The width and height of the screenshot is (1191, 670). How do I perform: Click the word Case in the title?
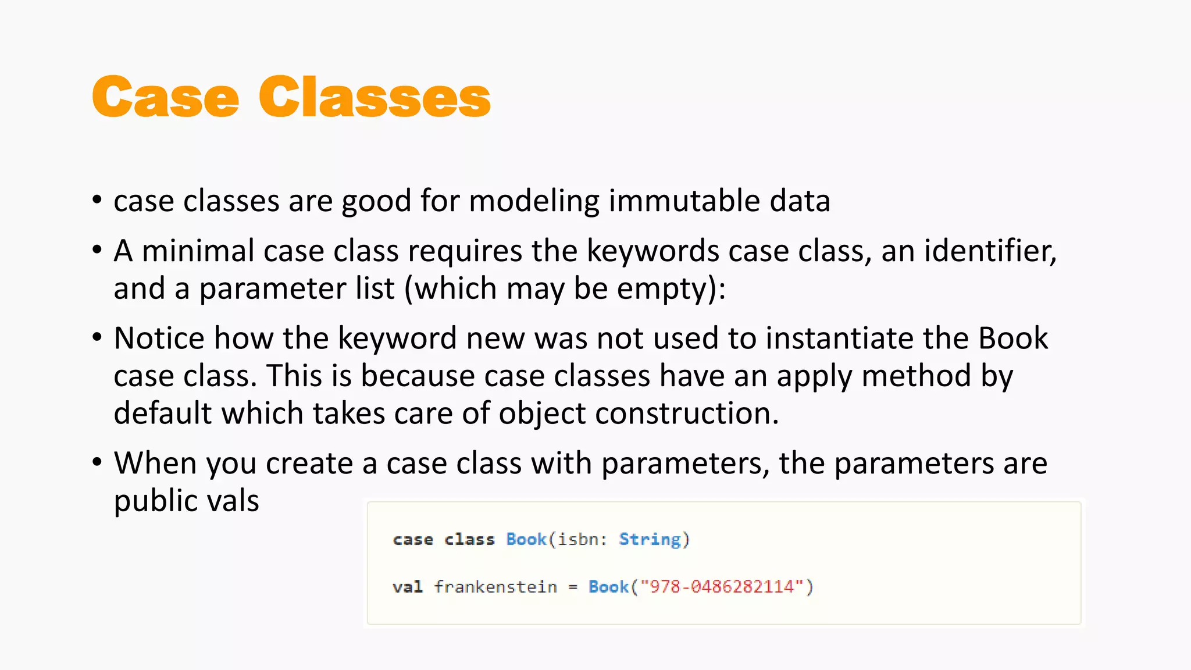click(166, 97)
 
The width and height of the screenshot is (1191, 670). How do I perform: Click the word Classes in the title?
click(375, 97)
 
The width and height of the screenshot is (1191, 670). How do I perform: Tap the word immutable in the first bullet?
click(684, 201)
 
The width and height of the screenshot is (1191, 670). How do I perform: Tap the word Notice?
click(159, 338)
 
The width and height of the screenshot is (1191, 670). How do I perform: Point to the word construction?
click(686, 414)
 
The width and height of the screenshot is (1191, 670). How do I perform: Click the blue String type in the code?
click(650, 539)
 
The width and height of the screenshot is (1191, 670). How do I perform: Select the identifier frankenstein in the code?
click(495, 587)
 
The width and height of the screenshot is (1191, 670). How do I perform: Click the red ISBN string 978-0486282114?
click(722, 587)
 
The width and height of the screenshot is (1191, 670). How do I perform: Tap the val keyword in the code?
click(407, 587)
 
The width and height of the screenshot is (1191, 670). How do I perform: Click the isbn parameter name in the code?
click(578, 539)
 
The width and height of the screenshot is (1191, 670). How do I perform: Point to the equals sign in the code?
click(573, 587)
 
